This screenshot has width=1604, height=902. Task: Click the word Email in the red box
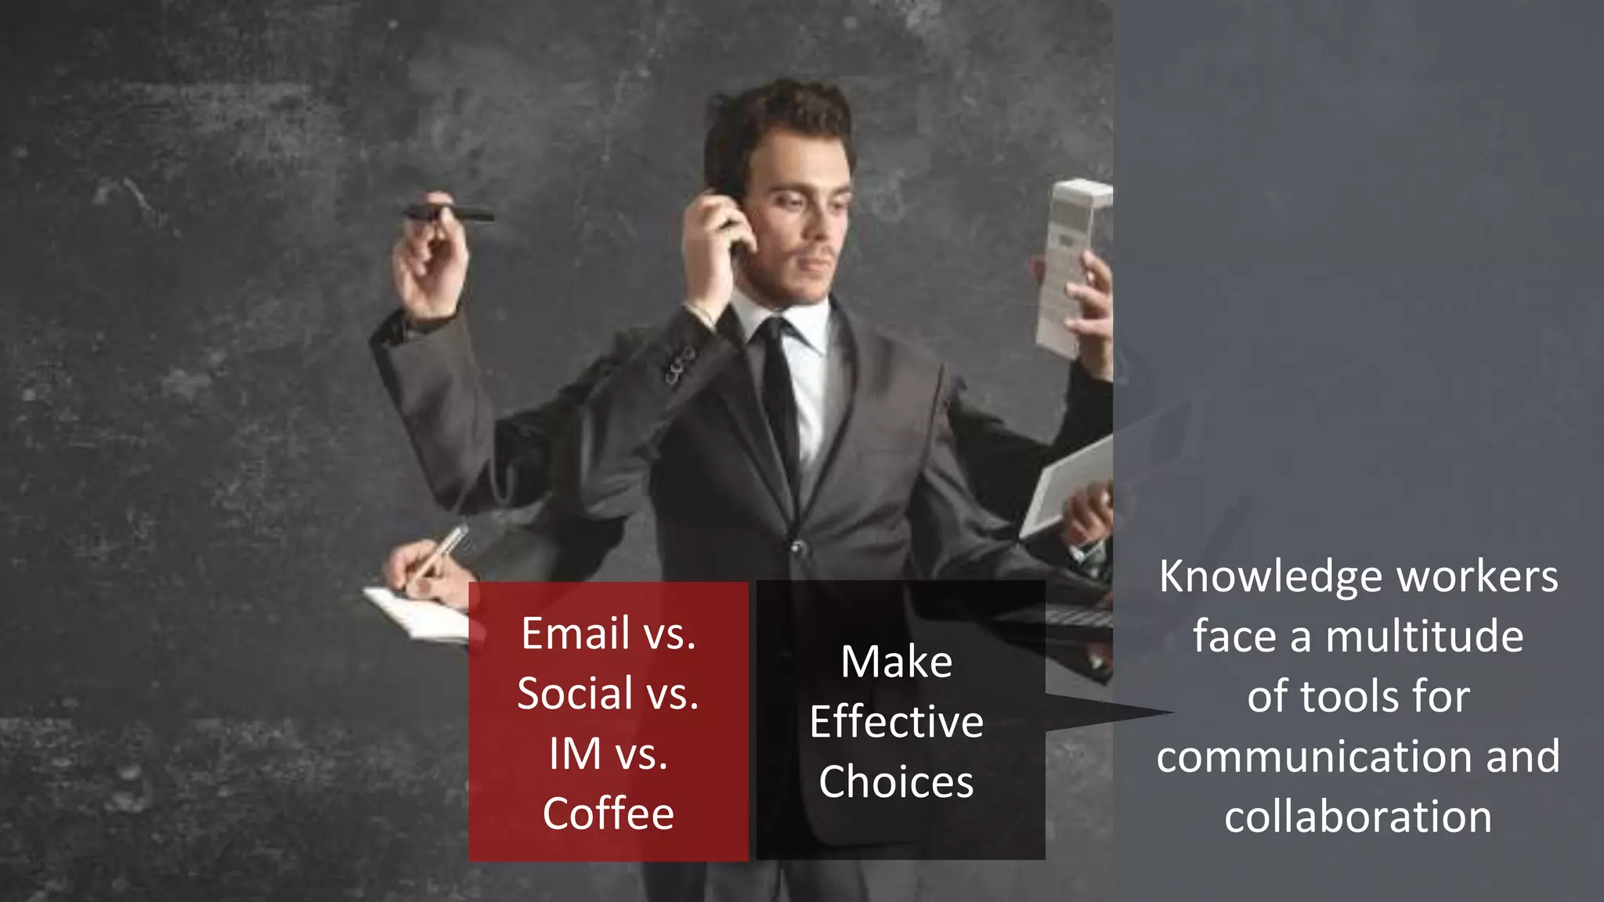576,633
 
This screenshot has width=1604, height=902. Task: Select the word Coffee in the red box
609,814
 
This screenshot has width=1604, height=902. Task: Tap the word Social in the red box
576,694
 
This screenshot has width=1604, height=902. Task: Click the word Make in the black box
896,662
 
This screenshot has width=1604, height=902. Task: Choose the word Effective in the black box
896,722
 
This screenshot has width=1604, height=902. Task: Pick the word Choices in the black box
896,782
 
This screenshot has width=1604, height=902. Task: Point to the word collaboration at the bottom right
1358,817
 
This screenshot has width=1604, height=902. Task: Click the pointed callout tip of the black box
1167,713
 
